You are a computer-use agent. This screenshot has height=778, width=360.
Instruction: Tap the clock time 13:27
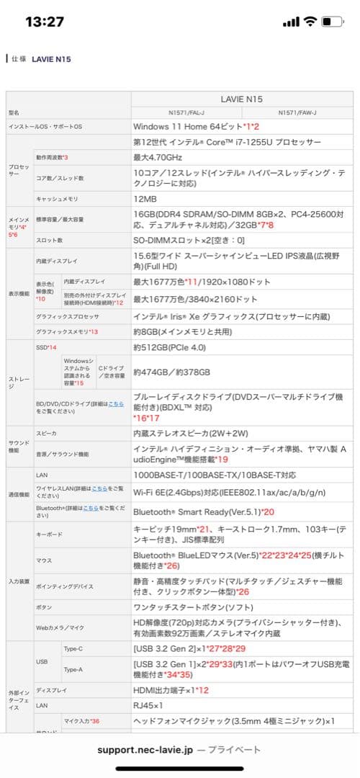45,22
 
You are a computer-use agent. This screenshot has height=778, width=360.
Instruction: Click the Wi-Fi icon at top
310,22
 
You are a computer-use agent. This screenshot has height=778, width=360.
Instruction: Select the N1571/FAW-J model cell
297,112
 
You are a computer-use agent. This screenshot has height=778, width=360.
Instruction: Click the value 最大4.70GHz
158,157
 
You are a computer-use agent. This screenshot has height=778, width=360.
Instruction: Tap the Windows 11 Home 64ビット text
191,127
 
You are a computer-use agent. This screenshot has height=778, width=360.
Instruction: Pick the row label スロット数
49,240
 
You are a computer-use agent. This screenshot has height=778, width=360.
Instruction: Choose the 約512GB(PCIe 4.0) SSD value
174,347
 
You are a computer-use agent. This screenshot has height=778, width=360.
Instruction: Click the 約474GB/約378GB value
171,372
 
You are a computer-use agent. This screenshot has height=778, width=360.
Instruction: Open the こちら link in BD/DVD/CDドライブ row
116,403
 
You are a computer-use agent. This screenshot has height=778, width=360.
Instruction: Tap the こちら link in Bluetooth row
91,508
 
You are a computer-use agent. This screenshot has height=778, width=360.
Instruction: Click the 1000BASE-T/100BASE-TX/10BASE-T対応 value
215,475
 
